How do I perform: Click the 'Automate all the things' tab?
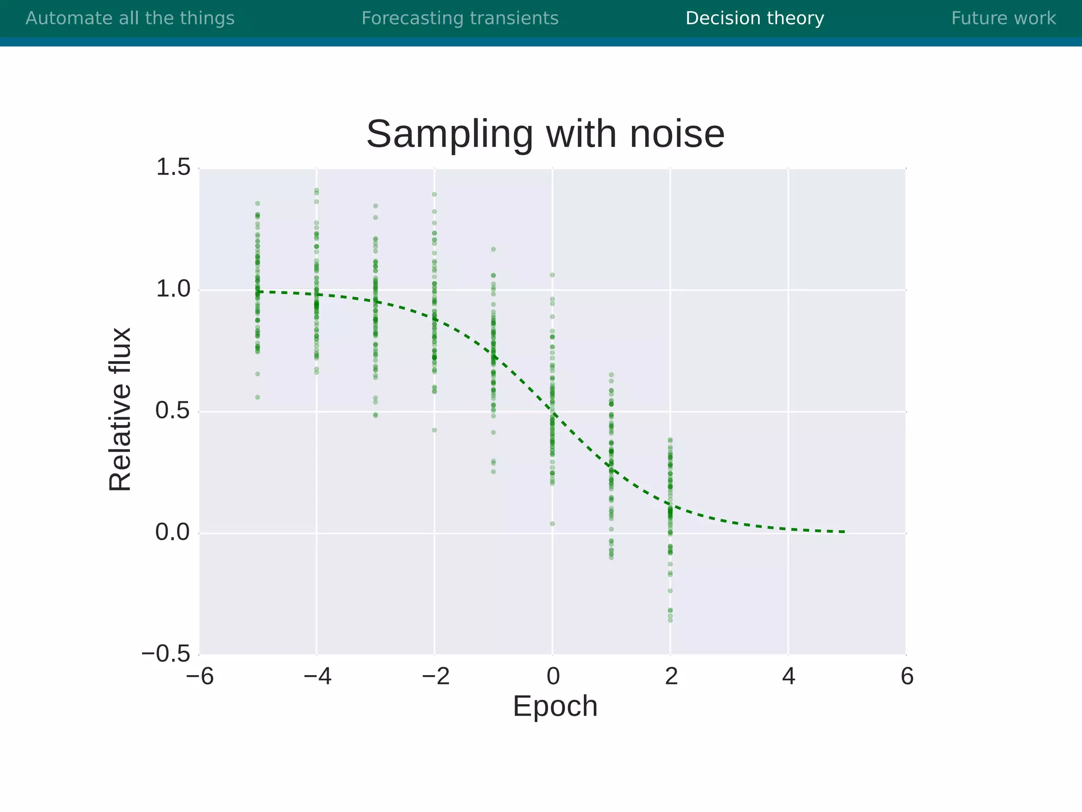point(130,19)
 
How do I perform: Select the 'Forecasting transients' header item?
point(460,19)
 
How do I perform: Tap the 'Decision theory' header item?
point(754,19)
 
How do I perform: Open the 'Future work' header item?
point(1003,19)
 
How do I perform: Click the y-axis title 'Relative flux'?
point(120,410)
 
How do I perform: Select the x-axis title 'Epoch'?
point(555,706)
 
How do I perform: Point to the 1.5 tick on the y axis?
point(173,168)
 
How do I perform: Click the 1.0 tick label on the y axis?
point(173,290)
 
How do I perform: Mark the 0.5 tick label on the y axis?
point(173,411)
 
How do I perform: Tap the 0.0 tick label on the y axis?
point(173,533)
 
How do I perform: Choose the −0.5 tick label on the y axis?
point(166,654)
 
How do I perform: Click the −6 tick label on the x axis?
point(200,677)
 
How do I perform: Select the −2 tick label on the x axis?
point(435,677)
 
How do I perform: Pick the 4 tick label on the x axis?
point(788,677)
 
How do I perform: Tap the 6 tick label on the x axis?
point(907,677)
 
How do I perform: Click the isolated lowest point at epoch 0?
point(552,524)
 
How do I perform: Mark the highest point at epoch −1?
point(493,249)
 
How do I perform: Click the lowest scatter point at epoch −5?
point(258,397)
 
